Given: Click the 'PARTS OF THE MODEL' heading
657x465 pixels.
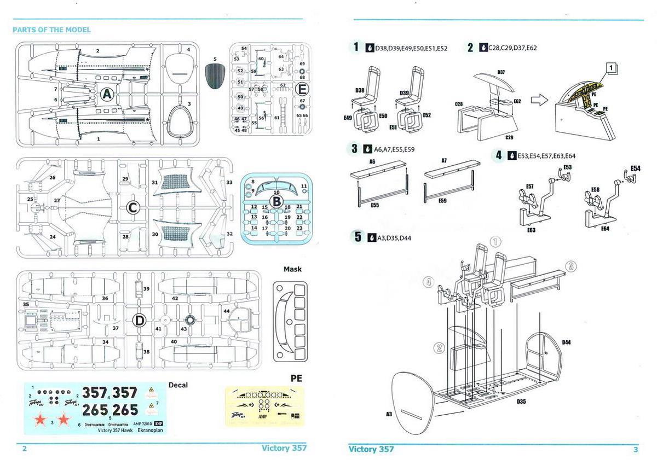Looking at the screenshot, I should coord(51,30).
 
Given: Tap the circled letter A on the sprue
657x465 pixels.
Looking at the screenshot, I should coord(107,94).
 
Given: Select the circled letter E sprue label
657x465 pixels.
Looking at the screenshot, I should coord(302,89).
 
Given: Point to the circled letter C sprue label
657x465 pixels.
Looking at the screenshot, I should coord(132,208).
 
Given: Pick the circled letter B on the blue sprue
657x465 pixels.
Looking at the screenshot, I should coord(277,201).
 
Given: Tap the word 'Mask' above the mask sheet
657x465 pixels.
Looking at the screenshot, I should coord(292,269).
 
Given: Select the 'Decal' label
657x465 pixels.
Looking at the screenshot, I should coord(178,385).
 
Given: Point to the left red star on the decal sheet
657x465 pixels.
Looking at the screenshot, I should coord(39,420).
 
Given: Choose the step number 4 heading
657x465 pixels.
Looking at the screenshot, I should coord(499,155).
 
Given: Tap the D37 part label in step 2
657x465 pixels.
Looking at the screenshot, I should coord(501,72).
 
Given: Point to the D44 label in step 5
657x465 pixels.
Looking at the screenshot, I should coord(566,342).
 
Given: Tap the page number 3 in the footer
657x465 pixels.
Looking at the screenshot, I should coord(635,450).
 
